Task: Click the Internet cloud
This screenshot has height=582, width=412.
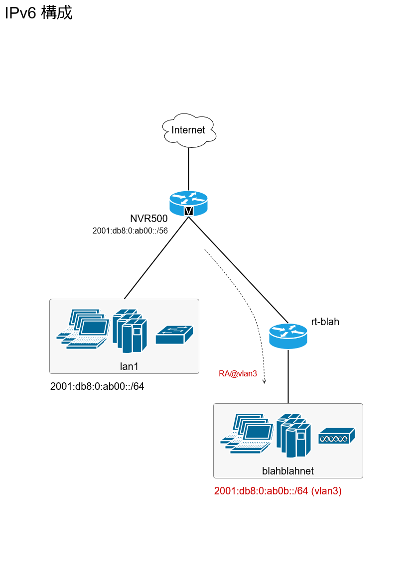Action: pos(188,130)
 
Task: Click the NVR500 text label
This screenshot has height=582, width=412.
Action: pos(148,219)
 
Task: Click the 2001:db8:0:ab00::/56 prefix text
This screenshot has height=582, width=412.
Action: pos(130,231)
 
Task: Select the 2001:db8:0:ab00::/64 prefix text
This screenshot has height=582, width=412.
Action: pos(97,386)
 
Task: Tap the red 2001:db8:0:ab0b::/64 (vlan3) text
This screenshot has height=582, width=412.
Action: pos(277,491)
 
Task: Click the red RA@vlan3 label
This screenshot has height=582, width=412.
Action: pos(238,373)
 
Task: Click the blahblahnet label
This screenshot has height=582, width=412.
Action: pos(288,470)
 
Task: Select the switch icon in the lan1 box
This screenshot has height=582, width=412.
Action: pos(174,335)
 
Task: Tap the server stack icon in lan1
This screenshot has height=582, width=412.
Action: pos(130,331)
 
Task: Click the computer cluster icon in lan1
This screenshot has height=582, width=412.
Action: pos(83,329)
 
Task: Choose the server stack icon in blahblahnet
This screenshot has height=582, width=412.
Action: pos(293,435)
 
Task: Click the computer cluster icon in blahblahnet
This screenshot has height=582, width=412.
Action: pos(247,433)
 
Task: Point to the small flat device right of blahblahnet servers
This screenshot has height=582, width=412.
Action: pos(337,436)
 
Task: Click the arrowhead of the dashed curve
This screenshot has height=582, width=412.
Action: pos(265,381)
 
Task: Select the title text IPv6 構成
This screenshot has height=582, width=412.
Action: pos(38,13)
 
